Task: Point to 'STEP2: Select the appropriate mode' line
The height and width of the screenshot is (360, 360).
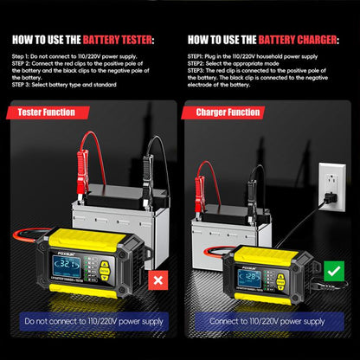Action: pyautogui.click(x=234, y=63)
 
